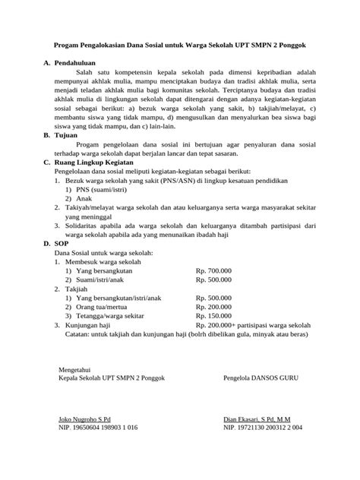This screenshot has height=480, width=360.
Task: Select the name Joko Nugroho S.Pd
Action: coord(84,418)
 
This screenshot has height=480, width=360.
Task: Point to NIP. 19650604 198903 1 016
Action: coord(98,428)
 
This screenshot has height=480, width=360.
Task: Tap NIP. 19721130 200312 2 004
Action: coord(263,428)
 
